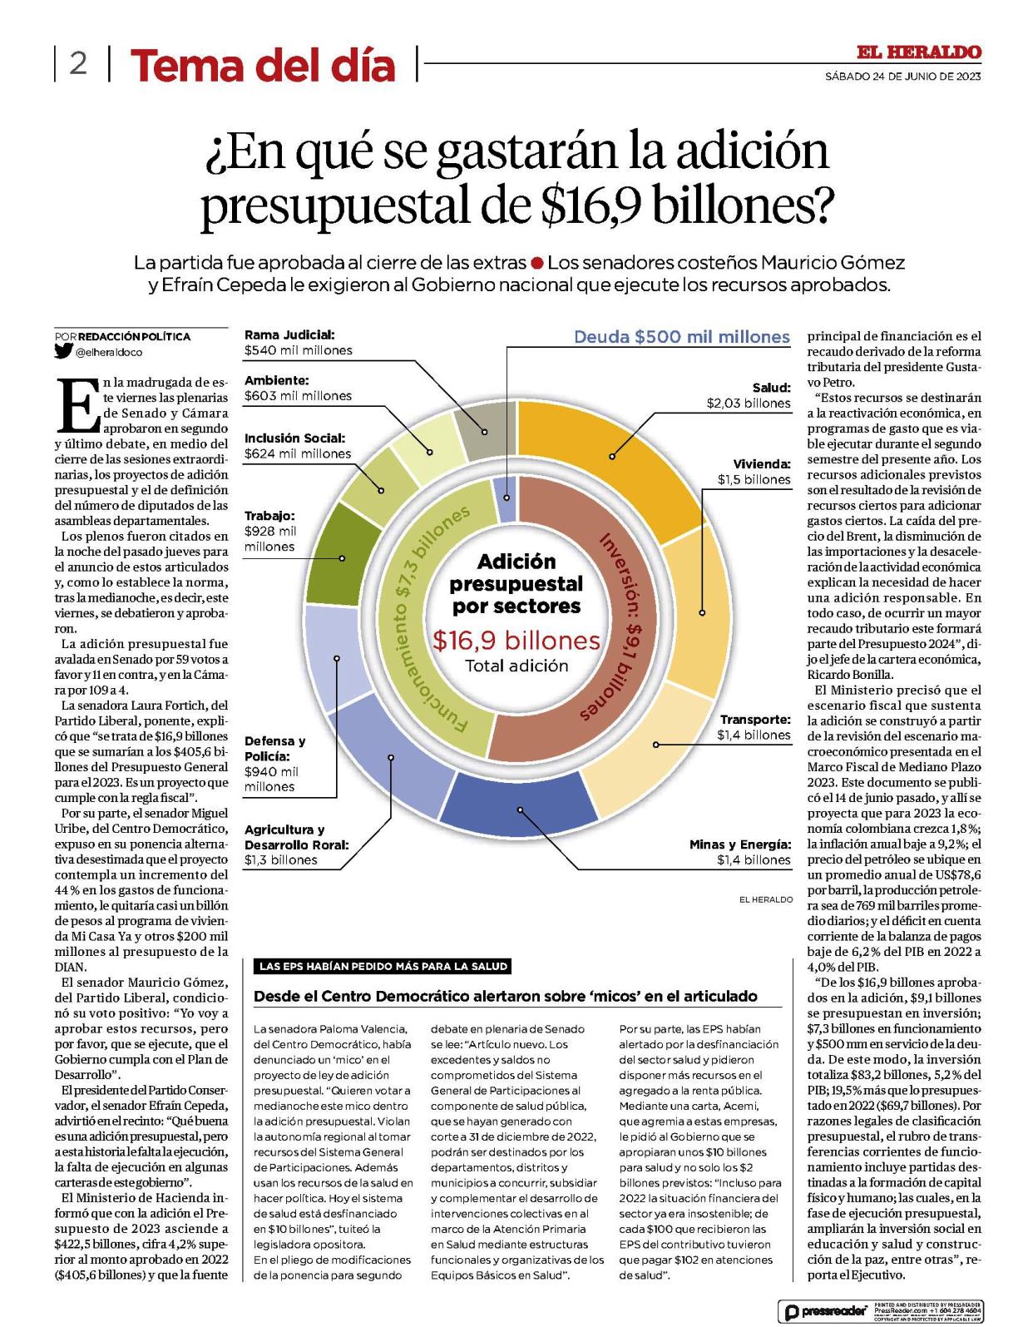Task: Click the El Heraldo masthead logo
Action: [x=918, y=52]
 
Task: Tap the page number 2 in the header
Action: [x=77, y=63]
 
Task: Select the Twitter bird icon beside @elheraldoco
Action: [x=63, y=351]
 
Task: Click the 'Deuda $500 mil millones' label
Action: [x=682, y=337]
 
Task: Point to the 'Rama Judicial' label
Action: [x=289, y=334]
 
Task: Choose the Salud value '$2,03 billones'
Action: [x=749, y=403]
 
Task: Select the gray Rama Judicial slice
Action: [x=486, y=434]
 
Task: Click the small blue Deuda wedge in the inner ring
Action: [x=506, y=499]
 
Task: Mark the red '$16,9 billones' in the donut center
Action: [x=516, y=641]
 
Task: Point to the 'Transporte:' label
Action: [x=755, y=720]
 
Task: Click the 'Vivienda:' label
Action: [x=762, y=464]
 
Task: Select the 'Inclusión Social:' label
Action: [x=294, y=438]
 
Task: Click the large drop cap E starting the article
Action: [x=78, y=405]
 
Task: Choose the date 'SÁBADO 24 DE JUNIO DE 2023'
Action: [x=902, y=77]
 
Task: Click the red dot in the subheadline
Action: [x=537, y=263]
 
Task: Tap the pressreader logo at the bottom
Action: [x=824, y=1311]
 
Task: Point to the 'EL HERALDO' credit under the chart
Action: [x=765, y=899]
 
